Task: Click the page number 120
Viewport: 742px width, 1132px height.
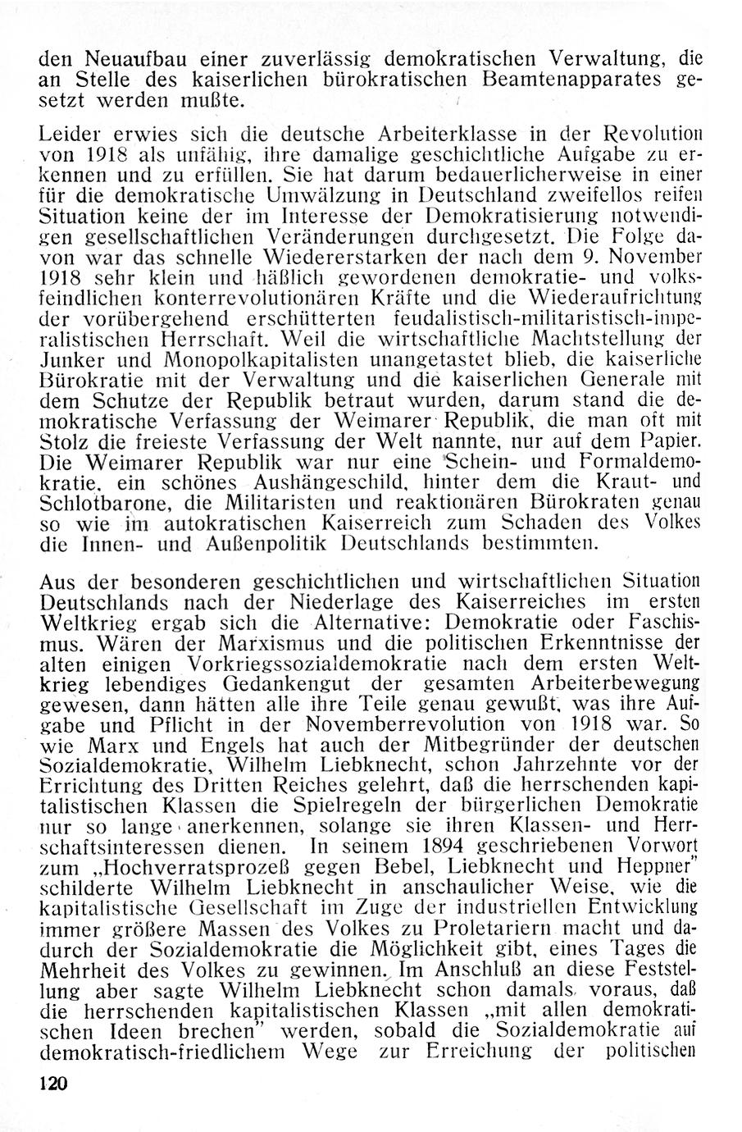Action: [x=51, y=1083]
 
